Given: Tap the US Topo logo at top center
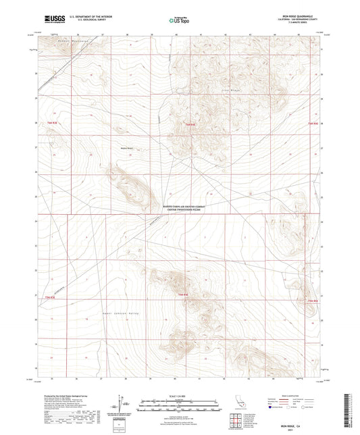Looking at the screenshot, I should (179, 21).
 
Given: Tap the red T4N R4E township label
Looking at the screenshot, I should (181, 295).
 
